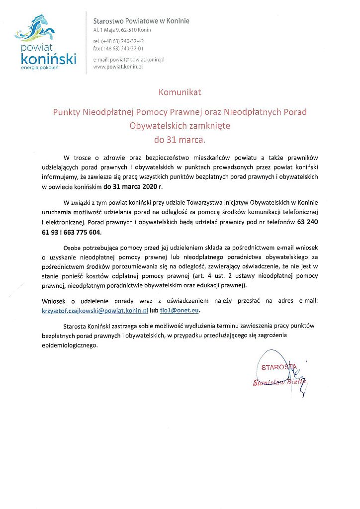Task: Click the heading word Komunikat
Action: tap(180, 92)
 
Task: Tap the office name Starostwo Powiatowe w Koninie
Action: tap(141, 21)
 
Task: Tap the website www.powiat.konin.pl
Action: tap(118, 67)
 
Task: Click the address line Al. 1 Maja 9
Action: tap(109, 30)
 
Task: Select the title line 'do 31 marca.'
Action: tap(180, 140)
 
